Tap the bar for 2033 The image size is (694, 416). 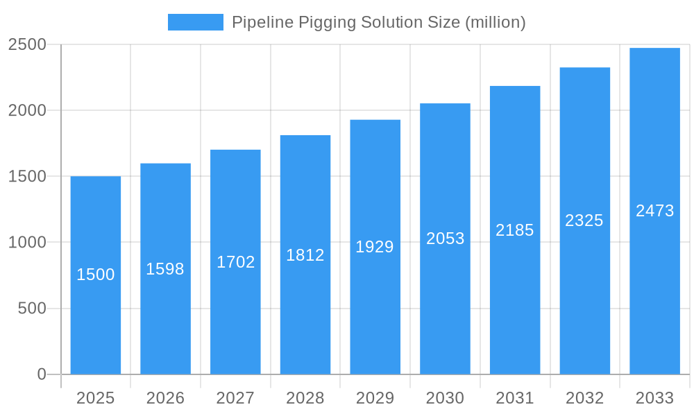pyautogui.click(x=654, y=291)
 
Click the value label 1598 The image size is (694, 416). pyautogui.click(x=165, y=269)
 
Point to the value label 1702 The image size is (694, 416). pyautogui.click(x=236, y=262)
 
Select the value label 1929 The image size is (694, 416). pyautogui.click(x=375, y=247)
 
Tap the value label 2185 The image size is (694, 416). pyautogui.click(x=515, y=230)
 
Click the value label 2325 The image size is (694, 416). pyautogui.click(x=584, y=220)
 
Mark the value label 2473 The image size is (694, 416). pyautogui.click(x=655, y=211)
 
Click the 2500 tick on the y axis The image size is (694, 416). pyautogui.click(x=27, y=44)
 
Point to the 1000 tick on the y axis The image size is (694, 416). pyautogui.click(x=27, y=243)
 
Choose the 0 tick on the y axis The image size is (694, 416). pyautogui.click(x=41, y=374)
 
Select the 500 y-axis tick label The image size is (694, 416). pyautogui.click(x=32, y=309)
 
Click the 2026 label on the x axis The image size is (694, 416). pyautogui.click(x=166, y=398)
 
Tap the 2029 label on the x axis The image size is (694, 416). pyautogui.click(x=375, y=398)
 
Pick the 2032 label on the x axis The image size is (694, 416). pyautogui.click(x=584, y=398)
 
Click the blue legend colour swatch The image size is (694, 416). pyautogui.click(x=196, y=22)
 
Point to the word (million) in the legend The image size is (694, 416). pyautogui.click(x=496, y=22)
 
